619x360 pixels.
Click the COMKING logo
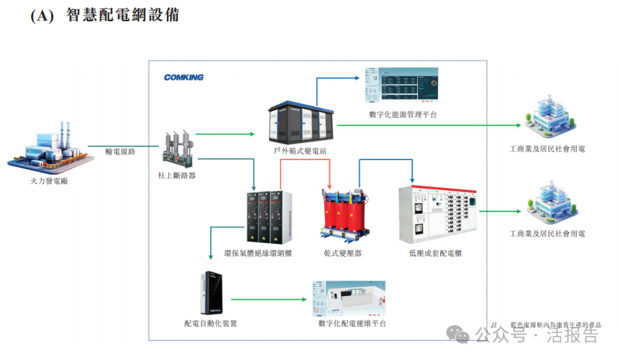pyautogui.click(x=183, y=77)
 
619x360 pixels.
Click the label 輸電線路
pyautogui.click(x=120, y=152)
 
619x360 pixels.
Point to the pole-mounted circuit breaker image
pyautogui.click(x=177, y=148)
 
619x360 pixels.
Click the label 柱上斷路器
pyautogui.click(x=177, y=175)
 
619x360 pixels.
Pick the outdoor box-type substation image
pyautogui.click(x=300, y=123)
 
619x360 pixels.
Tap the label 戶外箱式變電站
pyautogui.click(x=300, y=151)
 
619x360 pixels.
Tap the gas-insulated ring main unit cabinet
pyautogui.click(x=269, y=217)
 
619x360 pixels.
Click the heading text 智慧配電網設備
pyautogui.click(x=123, y=15)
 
